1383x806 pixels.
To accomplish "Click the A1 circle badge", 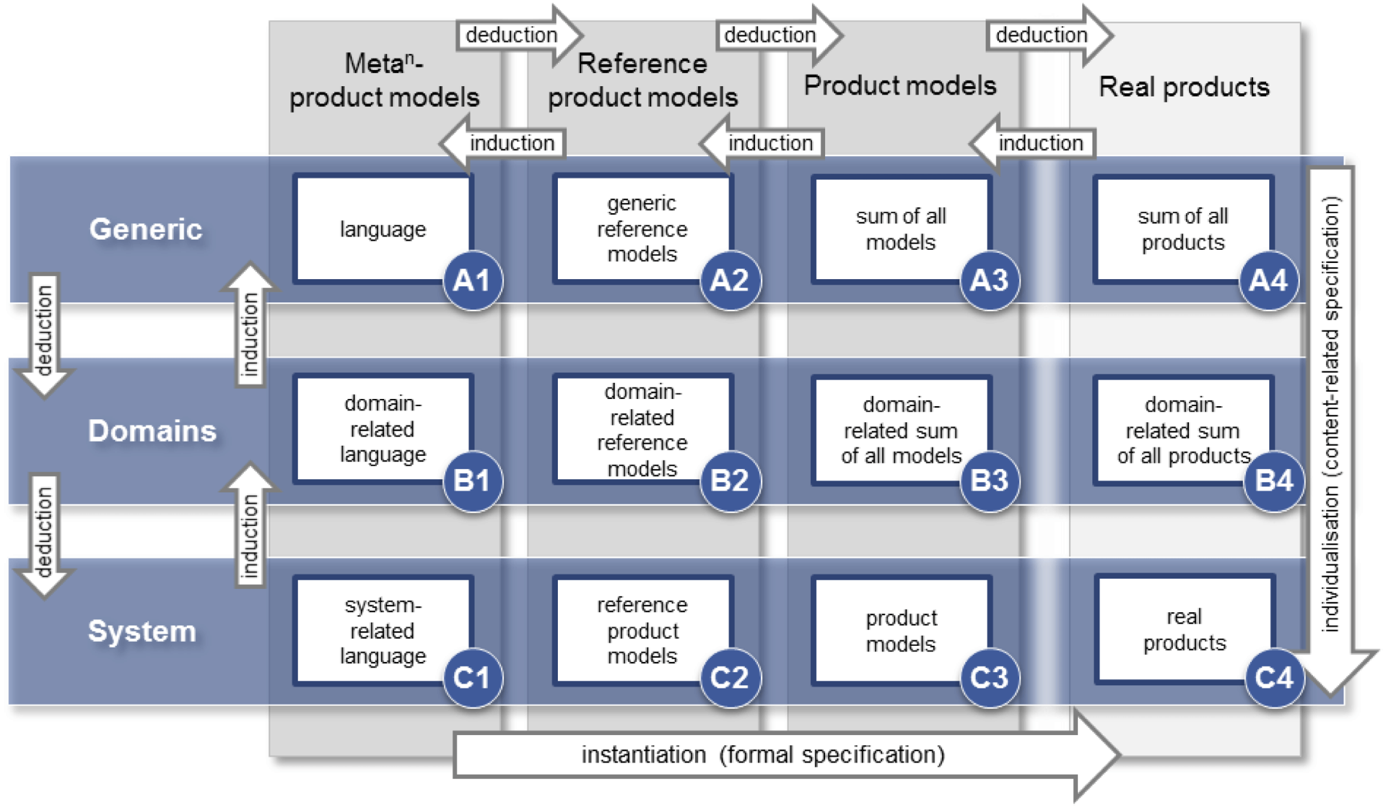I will [x=473, y=281].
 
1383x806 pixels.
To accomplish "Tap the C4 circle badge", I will [x=1274, y=678].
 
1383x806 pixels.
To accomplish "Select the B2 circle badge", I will [x=730, y=481].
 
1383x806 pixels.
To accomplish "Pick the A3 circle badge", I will [x=990, y=281].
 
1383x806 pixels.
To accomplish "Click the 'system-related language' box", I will [x=383, y=631].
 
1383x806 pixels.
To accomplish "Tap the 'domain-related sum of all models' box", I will [x=901, y=430].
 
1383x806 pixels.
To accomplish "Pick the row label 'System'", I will [x=142, y=631].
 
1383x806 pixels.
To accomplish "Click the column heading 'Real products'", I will [x=1184, y=87].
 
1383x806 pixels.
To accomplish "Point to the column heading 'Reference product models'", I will [x=643, y=81].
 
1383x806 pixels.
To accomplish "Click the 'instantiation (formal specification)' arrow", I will [x=763, y=755].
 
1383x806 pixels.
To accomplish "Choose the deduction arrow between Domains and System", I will [x=44, y=534].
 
